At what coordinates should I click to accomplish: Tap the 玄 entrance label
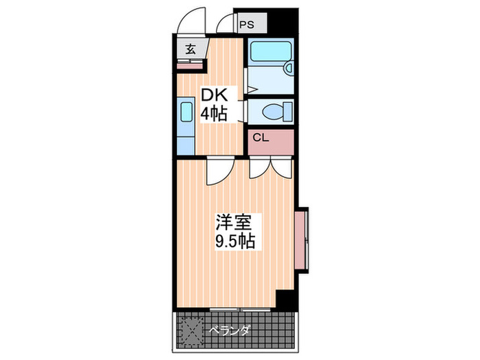pyautogui.click(x=189, y=49)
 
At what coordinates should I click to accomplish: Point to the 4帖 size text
pyautogui.click(x=214, y=113)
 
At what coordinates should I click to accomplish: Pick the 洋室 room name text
pyautogui.click(x=235, y=222)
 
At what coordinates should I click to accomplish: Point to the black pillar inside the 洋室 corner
pyautogui.click(x=286, y=299)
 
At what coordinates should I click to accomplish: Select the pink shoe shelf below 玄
pyautogui.click(x=189, y=64)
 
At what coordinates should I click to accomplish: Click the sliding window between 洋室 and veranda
pyautogui.click(x=237, y=310)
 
